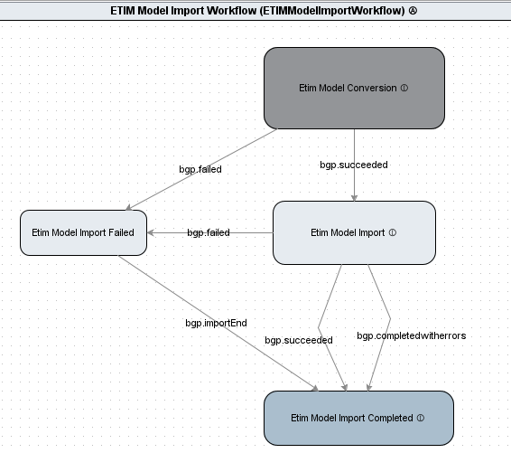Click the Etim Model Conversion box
click(x=354, y=88)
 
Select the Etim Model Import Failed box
click(x=83, y=232)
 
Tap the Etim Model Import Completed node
click(x=358, y=418)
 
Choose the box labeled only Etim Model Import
click(x=354, y=232)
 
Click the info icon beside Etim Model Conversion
click(x=404, y=88)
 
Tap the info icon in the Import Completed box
click(x=421, y=418)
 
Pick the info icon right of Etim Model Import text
click(x=393, y=232)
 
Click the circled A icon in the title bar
click(x=413, y=11)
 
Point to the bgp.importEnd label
click(x=216, y=323)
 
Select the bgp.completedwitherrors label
click(x=412, y=335)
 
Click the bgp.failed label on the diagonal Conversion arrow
click(x=200, y=169)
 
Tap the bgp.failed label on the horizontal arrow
click(x=209, y=232)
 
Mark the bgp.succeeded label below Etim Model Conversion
click(x=354, y=165)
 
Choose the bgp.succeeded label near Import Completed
click(x=299, y=340)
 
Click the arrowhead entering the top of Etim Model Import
click(x=354, y=198)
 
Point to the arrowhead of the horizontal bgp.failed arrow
click(x=151, y=232)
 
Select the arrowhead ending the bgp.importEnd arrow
click(x=315, y=389)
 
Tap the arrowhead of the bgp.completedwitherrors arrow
click(x=369, y=388)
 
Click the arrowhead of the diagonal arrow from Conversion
click(x=129, y=208)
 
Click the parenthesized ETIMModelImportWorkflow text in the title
click(x=332, y=11)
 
